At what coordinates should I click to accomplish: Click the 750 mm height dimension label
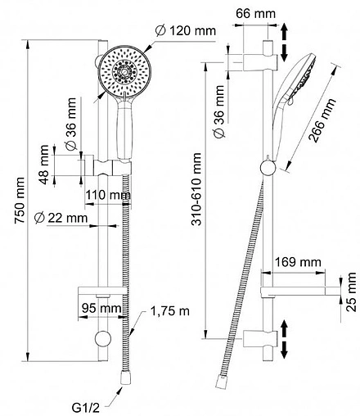[20, 201]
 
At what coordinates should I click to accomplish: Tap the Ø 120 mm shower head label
[186, 30]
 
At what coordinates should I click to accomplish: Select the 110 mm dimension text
[108, 195]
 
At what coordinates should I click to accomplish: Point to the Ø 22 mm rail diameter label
[61, 218]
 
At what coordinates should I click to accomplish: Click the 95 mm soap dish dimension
[101, 308]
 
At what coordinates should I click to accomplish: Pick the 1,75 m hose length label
[169, 311]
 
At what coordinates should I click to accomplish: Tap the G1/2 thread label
[86, 408]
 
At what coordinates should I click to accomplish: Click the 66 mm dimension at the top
[255, 13]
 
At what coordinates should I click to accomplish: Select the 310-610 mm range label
[196, 189]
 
